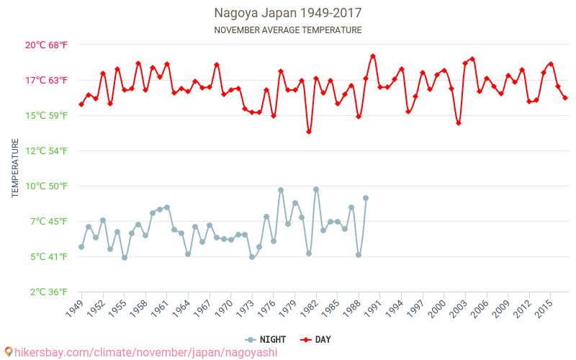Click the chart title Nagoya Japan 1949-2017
tap(287, 13)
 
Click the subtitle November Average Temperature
tap(287, 30)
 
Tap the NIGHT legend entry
tap(266, 340)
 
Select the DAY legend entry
tap(317, 340)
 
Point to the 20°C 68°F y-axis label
tap(47, 45)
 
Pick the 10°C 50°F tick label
tap(47, 186)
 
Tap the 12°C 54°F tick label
tap(47, 150)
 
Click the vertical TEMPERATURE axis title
tap(15, 168)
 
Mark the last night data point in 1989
tap(366, 198)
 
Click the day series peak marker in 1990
tap(373, 56)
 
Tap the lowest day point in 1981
tap(309, 132)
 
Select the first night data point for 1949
tap(81, 247)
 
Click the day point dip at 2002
tap(458, 123)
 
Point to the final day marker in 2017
tap(565, 98)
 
